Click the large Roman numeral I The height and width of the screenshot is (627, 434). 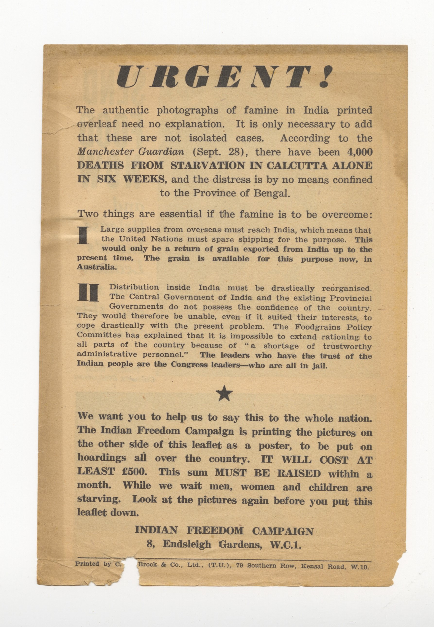[83, 236]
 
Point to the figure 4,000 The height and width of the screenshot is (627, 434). [359, 152]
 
